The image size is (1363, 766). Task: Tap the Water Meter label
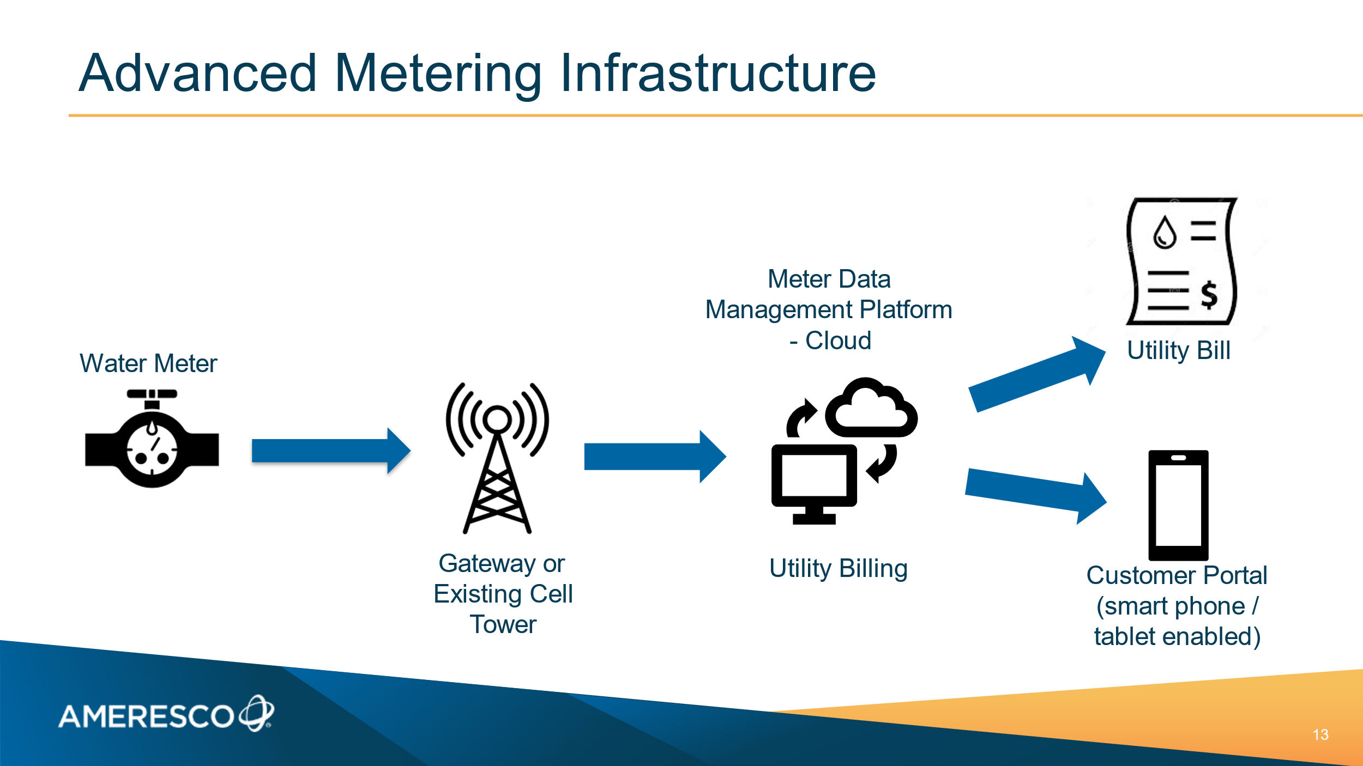(x=148, y=363)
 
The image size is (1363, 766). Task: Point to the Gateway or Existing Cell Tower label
(x=503, y=594)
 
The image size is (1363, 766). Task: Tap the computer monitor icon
(x=814, y=482)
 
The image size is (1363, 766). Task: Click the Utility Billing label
(x=839, y=568)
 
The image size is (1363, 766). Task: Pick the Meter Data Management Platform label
(x=829, y=309)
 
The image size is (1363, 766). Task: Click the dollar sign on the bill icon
(x=1209, y=295)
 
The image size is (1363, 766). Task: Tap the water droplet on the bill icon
(x=1165, y=233)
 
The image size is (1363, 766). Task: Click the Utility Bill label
(x=1179, y=350)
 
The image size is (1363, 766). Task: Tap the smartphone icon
(x=1178, y=505)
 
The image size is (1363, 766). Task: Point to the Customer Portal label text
(x=1177, y=606)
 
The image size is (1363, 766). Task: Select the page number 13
(x=1320, y=734)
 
